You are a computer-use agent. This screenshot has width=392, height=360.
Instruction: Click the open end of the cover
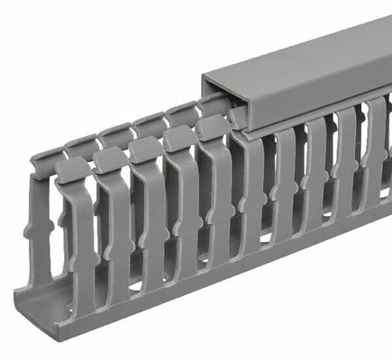(x=222, y=99)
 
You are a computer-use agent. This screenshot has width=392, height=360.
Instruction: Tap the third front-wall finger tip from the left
(x=143, y=148)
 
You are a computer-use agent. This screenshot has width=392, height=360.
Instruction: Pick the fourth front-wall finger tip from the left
(x=178, y=138)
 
